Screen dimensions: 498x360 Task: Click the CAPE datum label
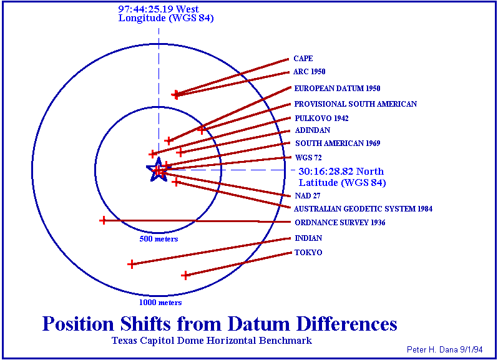tap(303, 59)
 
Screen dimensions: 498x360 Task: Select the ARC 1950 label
tap(310, 71)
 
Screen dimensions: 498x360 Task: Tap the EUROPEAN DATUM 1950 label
tap(337, 88)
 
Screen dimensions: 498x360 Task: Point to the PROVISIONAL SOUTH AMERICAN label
tap(355, 104)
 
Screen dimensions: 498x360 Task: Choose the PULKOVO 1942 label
tap(322, 119)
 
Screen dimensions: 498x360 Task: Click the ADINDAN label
tap(313, 130)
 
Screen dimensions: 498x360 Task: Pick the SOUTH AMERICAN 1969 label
tap(338, 143)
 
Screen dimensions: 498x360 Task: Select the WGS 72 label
tap(308, 157)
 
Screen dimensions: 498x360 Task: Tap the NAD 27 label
tap(308, 195)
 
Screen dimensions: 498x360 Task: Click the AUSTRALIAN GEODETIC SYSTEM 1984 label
tap(363, 208)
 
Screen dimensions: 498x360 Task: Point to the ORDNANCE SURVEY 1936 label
tap(340, 223)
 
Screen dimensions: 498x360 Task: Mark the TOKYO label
tap(308, 253)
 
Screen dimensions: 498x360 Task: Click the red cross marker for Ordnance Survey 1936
tap(103, 220)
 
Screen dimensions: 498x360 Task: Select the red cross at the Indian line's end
tap(131, 264)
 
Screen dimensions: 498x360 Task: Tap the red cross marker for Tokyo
tap(185, 275)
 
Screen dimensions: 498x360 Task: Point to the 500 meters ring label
tap(159, 239)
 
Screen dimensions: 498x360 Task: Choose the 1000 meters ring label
tap(160, 302)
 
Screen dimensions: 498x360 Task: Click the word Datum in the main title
tap(258, 324)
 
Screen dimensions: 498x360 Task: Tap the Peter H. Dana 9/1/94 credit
tap(444, 349)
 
